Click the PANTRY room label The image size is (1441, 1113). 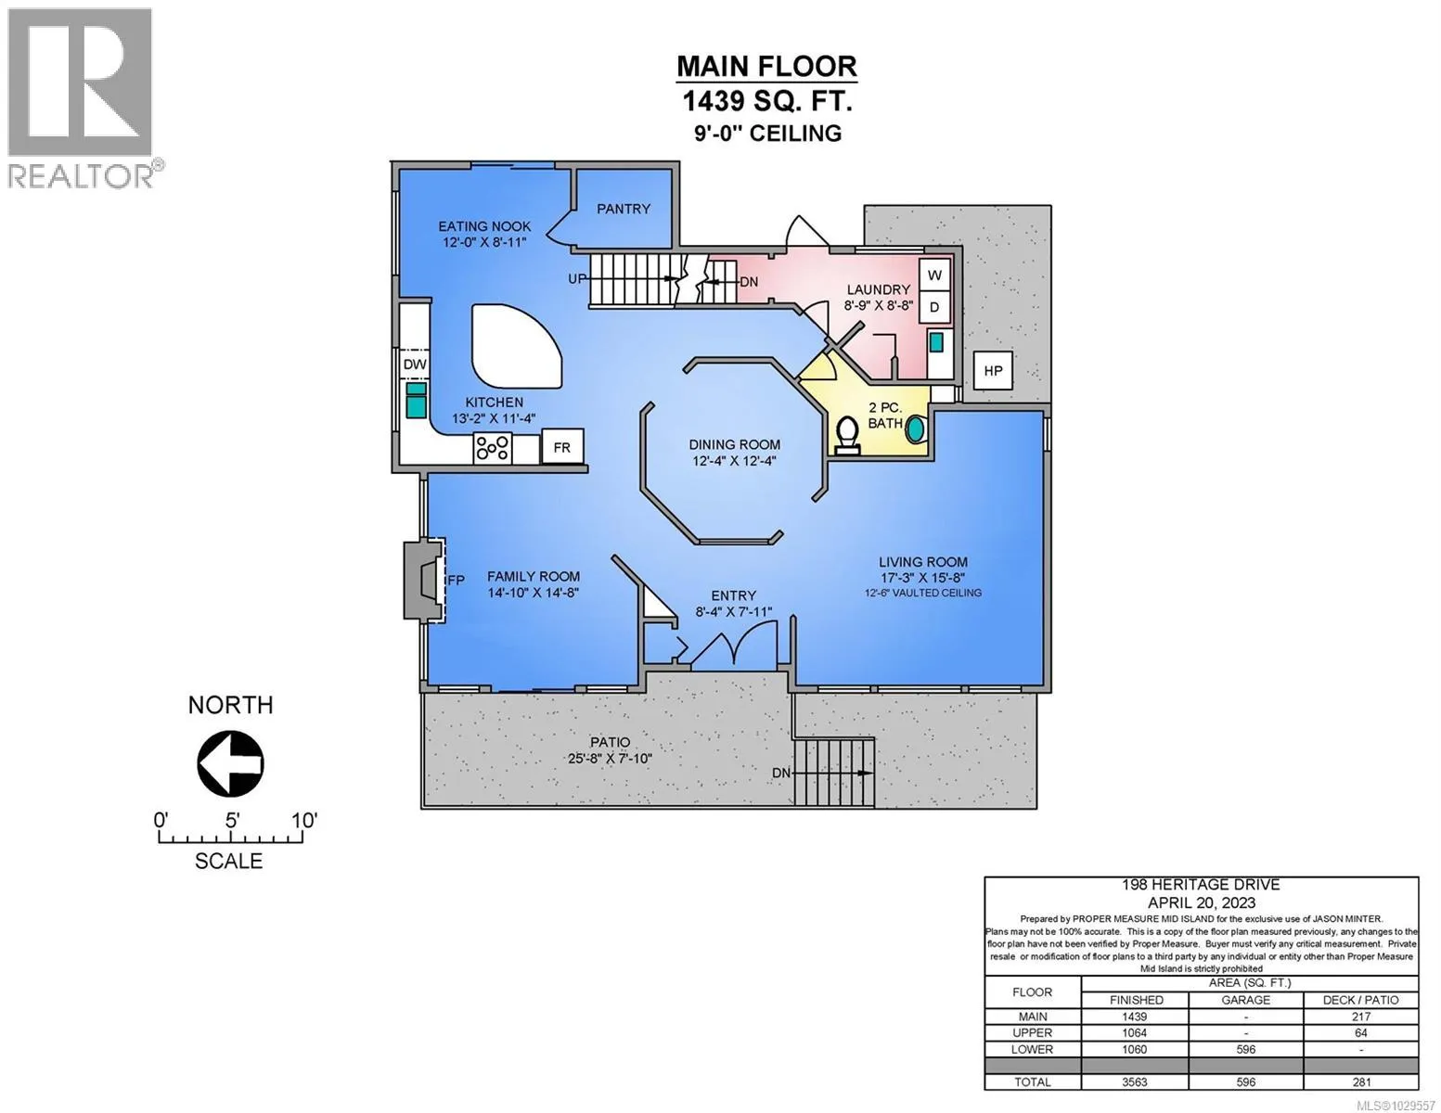[x=624, y=209]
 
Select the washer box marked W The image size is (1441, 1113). [x=934, y=275]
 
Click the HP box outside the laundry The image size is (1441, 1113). [x=993, y=371]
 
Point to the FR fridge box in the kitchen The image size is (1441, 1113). [x=561, y=447]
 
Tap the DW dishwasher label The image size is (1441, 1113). [x=415, y=365]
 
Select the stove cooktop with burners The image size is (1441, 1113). [x=492, y=448]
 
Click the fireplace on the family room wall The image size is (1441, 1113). [x=424, y=580]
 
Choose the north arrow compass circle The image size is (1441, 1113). [x=230, y=763]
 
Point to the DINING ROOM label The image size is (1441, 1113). [x=734, y=445]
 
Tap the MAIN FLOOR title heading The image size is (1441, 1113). [x=766, y=66]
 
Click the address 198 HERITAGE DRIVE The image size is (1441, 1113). [x=1201, y=884]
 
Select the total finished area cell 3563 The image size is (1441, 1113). [x=1135, y=1082]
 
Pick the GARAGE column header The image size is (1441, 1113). [x=1245, y=1000]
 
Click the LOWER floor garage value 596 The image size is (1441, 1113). [x=1245, y=1049]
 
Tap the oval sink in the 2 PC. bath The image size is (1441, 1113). [x=915, y=429]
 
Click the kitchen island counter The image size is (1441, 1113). [x=517, y=345]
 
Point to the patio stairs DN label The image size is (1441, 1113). [x=781, y=773]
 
